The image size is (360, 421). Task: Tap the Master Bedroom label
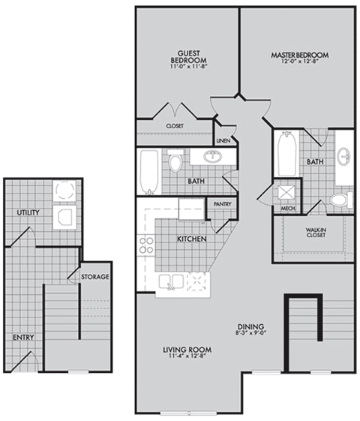(299, 56)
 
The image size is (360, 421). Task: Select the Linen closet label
(223, 140)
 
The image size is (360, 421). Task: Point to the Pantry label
(222, 203)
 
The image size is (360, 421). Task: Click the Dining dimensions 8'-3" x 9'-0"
(250, 335)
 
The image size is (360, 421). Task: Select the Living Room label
(187, 350)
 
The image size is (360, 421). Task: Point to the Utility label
(28, 213)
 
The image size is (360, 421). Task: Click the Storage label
(95, 277)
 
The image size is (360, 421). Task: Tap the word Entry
(22, 338)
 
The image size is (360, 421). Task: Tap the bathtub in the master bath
(285, 154)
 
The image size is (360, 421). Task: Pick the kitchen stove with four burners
(146, 245)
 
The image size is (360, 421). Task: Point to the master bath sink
(344, 158)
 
